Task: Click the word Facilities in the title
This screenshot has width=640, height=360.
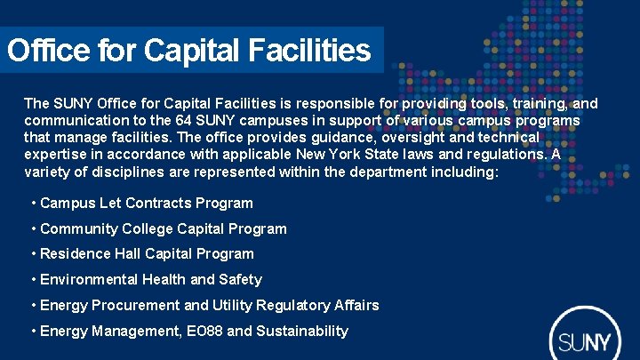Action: pos(308,51)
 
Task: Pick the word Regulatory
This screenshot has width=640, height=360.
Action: pos(291,306)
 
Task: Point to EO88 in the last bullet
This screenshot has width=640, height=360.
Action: pos(204,332)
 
